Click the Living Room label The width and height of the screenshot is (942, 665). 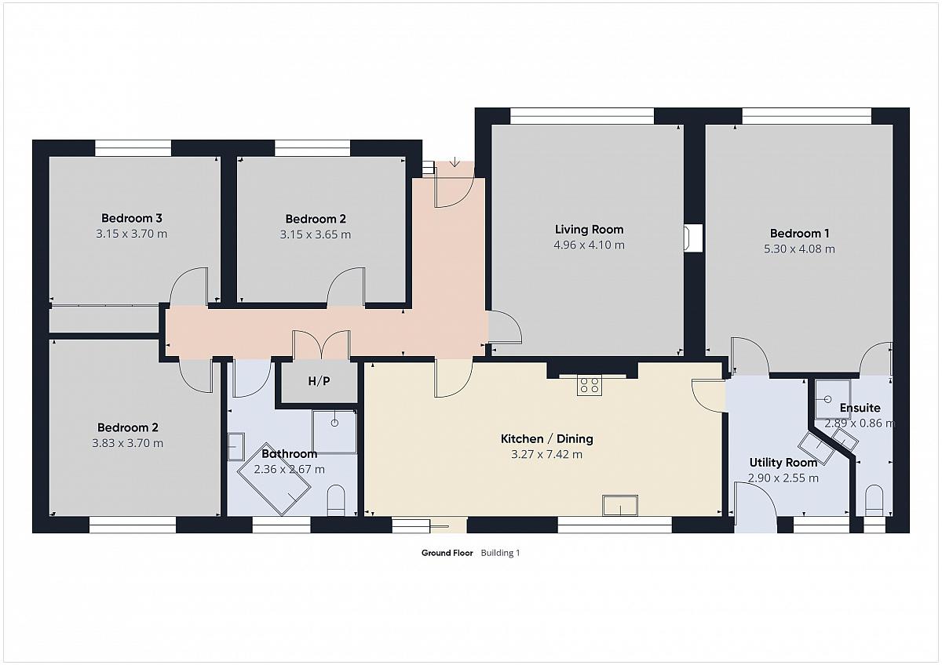coord(589,229)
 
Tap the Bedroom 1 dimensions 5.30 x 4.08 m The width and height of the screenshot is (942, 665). coord(799,249)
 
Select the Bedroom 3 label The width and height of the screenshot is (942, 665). coord(132,218)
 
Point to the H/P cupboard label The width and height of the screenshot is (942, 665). coord(319,381)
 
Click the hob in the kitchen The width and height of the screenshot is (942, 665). coord(590,385)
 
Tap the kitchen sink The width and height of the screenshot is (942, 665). coord(620,505)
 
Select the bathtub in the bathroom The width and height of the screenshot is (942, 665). coord(274,479)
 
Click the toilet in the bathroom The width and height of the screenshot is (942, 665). coord(336,500)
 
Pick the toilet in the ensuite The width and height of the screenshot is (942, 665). coord(874,500)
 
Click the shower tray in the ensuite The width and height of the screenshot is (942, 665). coord(833,399)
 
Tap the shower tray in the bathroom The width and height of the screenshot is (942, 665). coord(334,432)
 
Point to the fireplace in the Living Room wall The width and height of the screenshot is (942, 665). coord(693,238)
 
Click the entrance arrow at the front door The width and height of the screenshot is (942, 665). coord(455,162)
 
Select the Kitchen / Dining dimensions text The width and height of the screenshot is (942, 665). coord(546,455)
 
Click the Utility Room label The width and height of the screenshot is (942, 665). coord(783,463)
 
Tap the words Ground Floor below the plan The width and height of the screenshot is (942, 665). coord(447,553)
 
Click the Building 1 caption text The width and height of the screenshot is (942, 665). coord(500,553)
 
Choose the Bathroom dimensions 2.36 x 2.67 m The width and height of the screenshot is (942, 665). coord(290,469)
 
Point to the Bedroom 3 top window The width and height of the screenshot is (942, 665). coord(133,148)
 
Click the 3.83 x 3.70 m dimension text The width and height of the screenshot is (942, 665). coord(127,443)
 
